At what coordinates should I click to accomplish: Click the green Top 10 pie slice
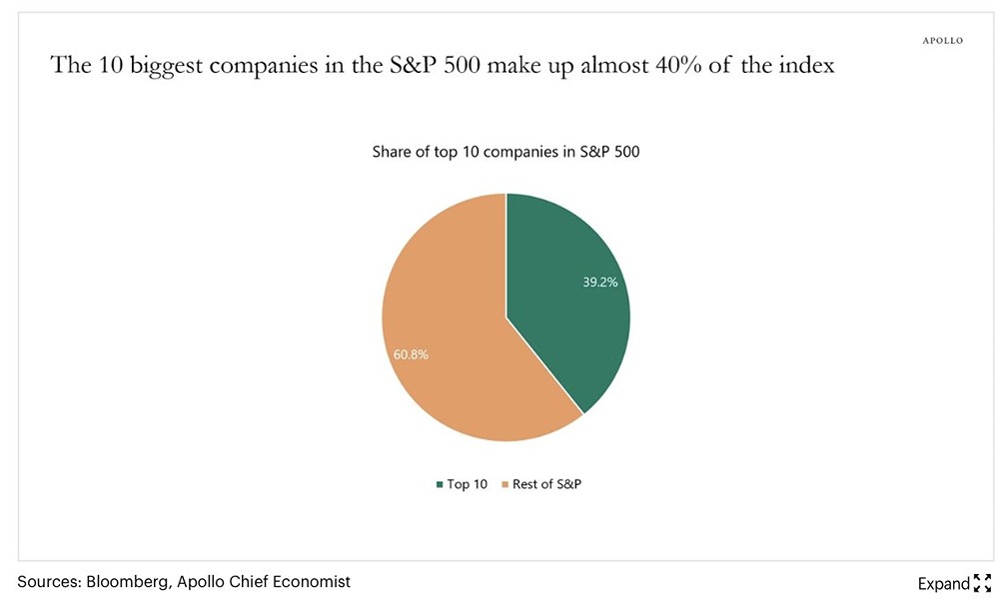tap(564, 300)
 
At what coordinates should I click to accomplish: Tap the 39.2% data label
tap(600, 283)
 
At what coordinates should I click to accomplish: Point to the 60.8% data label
tap(411, 354)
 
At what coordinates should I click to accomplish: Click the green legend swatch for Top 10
tap(439, 484)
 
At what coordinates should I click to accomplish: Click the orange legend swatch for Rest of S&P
tap(504, 484)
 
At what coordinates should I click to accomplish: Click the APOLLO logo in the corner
tap(942, 41)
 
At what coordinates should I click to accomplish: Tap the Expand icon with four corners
tap(981, 583)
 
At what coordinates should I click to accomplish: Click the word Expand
tap(943, 583)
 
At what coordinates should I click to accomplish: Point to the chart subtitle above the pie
tap(505, 153)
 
